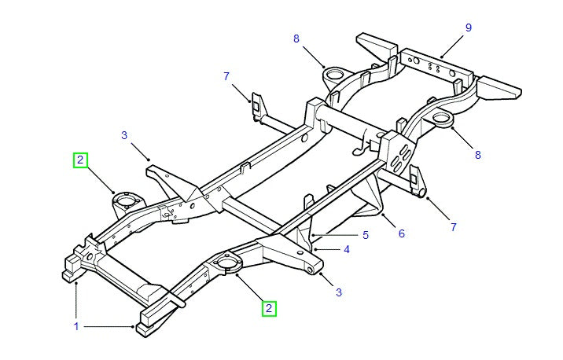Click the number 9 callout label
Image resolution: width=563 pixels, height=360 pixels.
tap(468, 28)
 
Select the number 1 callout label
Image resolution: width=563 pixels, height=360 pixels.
tap(76, 325)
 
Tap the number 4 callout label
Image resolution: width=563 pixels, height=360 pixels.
tap(348, 250)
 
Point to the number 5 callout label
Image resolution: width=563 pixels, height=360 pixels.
tap(365, 234)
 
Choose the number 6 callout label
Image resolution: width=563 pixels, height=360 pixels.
tap(401, 233)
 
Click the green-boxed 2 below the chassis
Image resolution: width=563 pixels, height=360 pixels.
tap(269, 309)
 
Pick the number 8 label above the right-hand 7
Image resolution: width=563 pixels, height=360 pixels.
tap(477, 155)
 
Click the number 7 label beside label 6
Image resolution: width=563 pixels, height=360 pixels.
tap(453, 227)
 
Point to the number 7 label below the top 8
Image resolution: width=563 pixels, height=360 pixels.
tap(226, 76)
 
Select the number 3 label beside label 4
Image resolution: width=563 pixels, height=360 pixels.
tap(339, 293)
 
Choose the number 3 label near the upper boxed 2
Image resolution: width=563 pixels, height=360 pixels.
tap(124, 135)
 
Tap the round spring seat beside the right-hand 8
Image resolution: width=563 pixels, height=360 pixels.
tap(442, 119)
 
